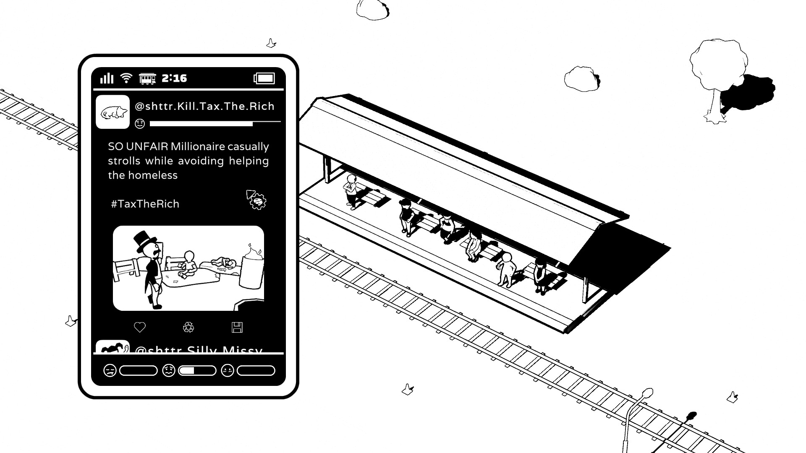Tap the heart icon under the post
[x=140, y=327]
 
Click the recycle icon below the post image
[x=188, y=327]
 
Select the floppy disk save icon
[x=237, y=328]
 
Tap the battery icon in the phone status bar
[x=264, y=78]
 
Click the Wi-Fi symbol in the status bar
[x=126, y=78]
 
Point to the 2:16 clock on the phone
[x=174, y=78]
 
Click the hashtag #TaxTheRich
[x=145, y=204]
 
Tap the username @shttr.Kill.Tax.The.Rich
[x=204, y=106]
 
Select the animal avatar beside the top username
[x=113, y=112]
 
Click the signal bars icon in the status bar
[x=107, y=78]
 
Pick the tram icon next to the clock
[x=147, y=78]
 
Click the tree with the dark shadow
[x=718, y=75]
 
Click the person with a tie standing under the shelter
[x=351, y=191]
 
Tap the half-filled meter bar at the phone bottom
[x=197, y=371]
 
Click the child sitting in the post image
[x=188, y=264]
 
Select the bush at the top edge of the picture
[x=372, y=9]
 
